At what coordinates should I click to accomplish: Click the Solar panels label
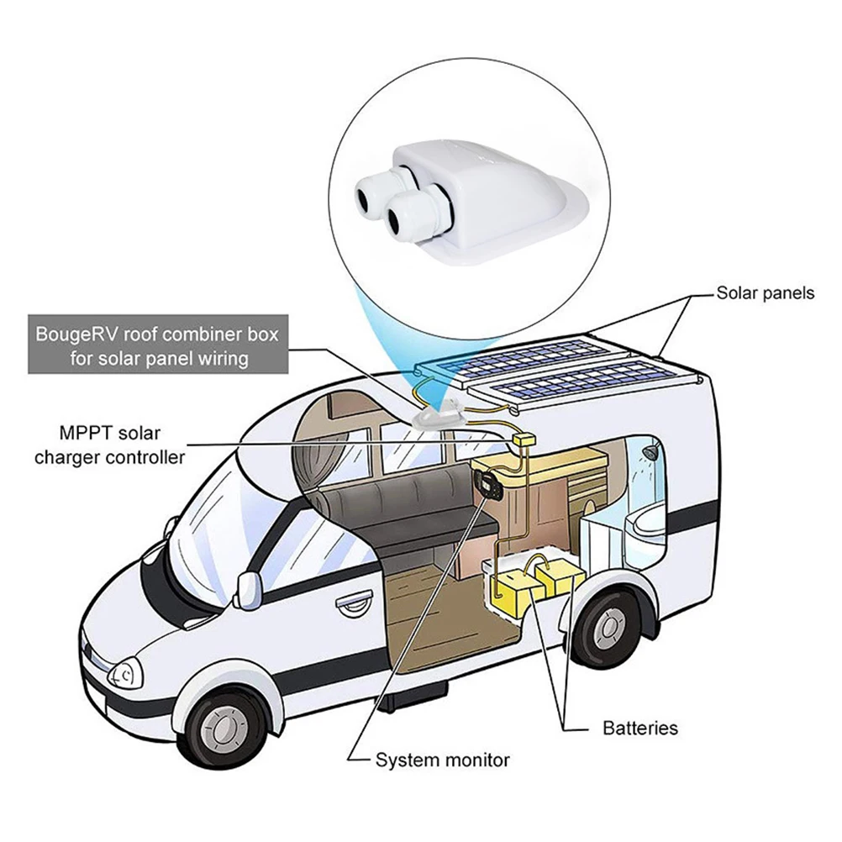click(x=765, y=293)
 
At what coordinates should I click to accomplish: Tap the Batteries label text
click(x=639, y=728)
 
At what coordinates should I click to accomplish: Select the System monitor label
click(x=442, y=760)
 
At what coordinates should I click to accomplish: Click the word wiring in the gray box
click(x=220, y=358)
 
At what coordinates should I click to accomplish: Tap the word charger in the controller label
click(x=83, y=458)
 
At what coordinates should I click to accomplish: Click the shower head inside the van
click(x=647, y=454)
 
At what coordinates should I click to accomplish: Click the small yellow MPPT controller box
click(x=526, y=441)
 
